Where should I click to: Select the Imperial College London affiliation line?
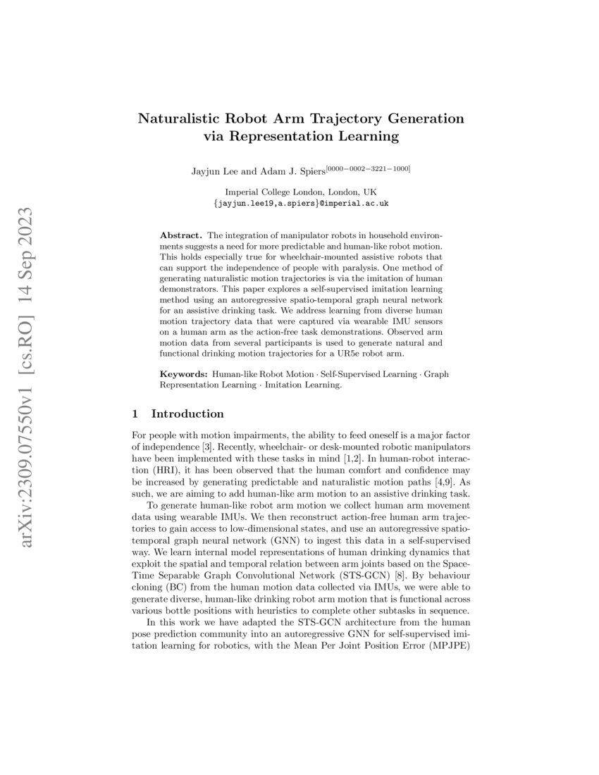coord(300,191)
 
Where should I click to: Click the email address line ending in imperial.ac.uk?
coord(300,202)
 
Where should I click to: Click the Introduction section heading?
coord(187,414)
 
